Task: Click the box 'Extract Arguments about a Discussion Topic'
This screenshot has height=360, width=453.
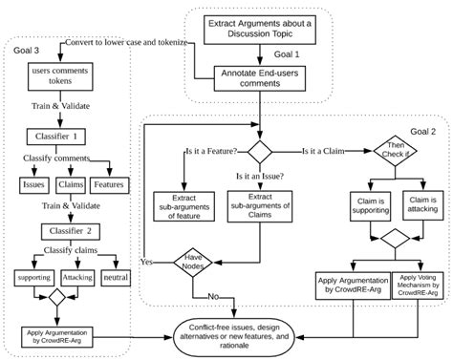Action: [257, 27]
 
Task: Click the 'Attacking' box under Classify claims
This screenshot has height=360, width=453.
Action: [78, 277]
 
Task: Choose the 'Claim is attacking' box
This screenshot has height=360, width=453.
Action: [421, 206]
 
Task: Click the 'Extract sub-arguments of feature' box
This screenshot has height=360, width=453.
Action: [183, 205]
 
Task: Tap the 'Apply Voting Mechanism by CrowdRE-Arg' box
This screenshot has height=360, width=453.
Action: [419, 286]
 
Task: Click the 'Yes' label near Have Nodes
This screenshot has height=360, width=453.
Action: [147, 261]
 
